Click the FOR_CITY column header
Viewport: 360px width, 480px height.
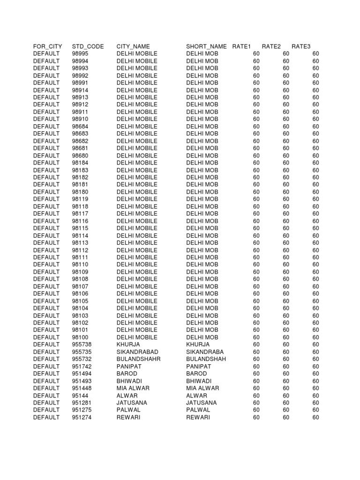[47, 46]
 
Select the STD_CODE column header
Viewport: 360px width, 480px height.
[88, 46]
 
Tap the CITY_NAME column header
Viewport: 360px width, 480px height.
[133, 46]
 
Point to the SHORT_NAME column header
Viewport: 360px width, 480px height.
[206, 46]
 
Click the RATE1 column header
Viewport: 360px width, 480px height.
[242, 46]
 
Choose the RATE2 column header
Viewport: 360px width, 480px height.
[271, 46]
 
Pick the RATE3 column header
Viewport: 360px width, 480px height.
[301, 46]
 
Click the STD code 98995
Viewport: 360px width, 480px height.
[80, 54]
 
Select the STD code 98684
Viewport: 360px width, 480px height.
[80, 127]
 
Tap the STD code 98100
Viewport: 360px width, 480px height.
[80, 337]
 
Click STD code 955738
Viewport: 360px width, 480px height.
[82, 345]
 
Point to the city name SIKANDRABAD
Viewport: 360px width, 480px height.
[137, 352]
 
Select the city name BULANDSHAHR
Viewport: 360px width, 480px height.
[138, 359]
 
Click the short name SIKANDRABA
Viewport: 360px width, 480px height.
[205, 352]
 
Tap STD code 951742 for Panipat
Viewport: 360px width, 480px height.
[82, 366]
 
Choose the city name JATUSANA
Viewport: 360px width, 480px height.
[132, 403]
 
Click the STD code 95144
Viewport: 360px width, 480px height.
[80, 395]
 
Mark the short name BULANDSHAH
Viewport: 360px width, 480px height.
[206, 359]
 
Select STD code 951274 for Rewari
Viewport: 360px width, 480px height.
[82, 417]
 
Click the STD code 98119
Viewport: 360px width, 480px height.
[80, 199]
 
